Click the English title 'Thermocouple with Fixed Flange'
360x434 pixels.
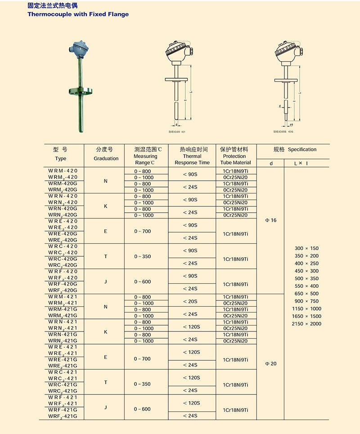[x=78, y=14]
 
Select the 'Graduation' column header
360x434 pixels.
[x=106, y=158]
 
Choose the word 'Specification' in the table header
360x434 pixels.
[x=302, y=149]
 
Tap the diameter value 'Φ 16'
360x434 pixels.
[x=271, y=220]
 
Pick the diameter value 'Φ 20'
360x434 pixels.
[x=271, y=363]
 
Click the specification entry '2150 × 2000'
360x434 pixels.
[x=306, y=324]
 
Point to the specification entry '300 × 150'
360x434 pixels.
[x=306, y=248]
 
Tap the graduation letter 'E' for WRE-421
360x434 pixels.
[x=106, y=357]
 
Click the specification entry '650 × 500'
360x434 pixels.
[x=306, y=294]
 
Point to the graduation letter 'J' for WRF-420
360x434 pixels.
[x=106, y=282]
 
